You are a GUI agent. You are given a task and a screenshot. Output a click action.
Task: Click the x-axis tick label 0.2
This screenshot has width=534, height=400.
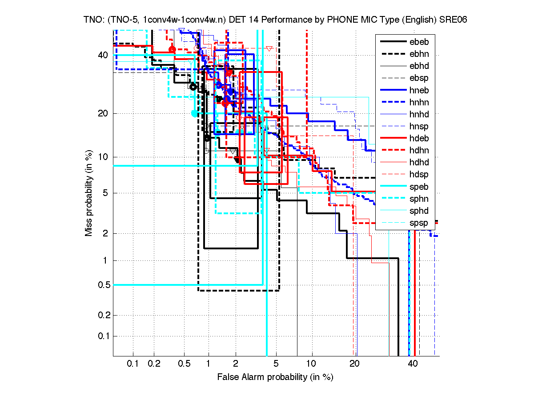(x=154, y=364)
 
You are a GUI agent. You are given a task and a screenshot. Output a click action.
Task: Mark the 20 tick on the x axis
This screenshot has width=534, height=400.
(x=354, y=364)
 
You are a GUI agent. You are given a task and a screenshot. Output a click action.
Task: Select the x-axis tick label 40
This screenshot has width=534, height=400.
(x=413, y=364)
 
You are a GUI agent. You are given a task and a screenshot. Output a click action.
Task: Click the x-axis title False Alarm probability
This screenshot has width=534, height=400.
(x=275, y=377)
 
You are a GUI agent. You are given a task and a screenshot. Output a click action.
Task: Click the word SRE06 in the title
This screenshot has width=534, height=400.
(x=454, y=20)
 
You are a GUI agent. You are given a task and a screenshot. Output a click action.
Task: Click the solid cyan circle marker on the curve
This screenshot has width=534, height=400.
(x=194, y=113)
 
